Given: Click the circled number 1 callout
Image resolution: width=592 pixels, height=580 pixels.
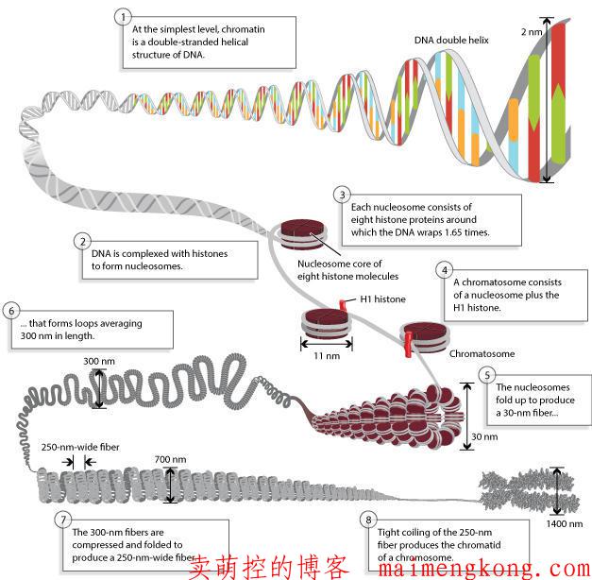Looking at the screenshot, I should click(120, 17).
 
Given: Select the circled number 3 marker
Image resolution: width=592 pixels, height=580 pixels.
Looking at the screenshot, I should click(343, 195).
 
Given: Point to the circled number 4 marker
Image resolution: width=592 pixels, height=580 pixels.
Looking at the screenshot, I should click(444, 269).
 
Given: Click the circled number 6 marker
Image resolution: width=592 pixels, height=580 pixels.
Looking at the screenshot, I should click(10, 311).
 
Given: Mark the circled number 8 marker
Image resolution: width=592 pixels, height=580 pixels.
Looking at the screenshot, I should click(369, 519).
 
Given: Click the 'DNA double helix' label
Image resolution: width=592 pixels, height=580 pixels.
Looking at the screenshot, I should click(451, 42).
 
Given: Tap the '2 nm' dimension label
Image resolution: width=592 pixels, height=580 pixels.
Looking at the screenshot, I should click(532, 32).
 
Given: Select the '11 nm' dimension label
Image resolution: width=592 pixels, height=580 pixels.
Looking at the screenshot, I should click(326, 355).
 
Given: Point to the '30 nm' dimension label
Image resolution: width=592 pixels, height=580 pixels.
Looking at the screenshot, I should click(483, 437).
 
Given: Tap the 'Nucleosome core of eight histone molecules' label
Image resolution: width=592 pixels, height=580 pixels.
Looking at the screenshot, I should click(347, 270).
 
